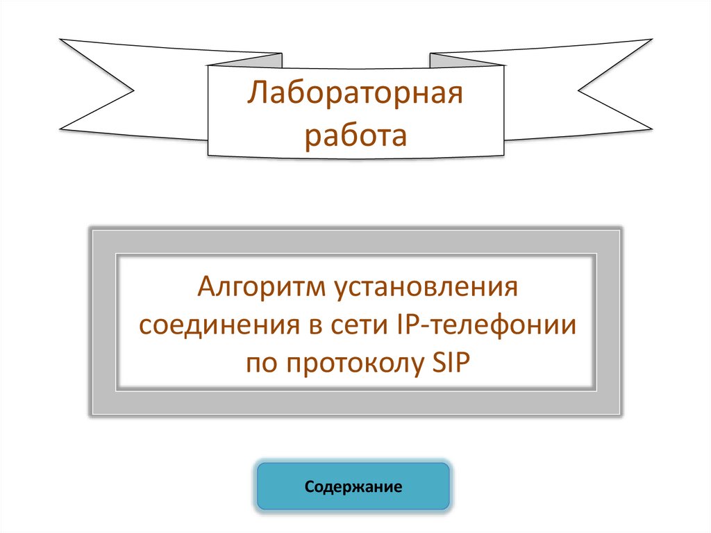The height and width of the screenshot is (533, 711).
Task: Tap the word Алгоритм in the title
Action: click(x=253, y=287)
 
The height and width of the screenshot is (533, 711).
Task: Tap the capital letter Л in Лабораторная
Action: click(x=256, y=92)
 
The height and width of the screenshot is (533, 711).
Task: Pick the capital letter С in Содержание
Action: click(x=309, y=486)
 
